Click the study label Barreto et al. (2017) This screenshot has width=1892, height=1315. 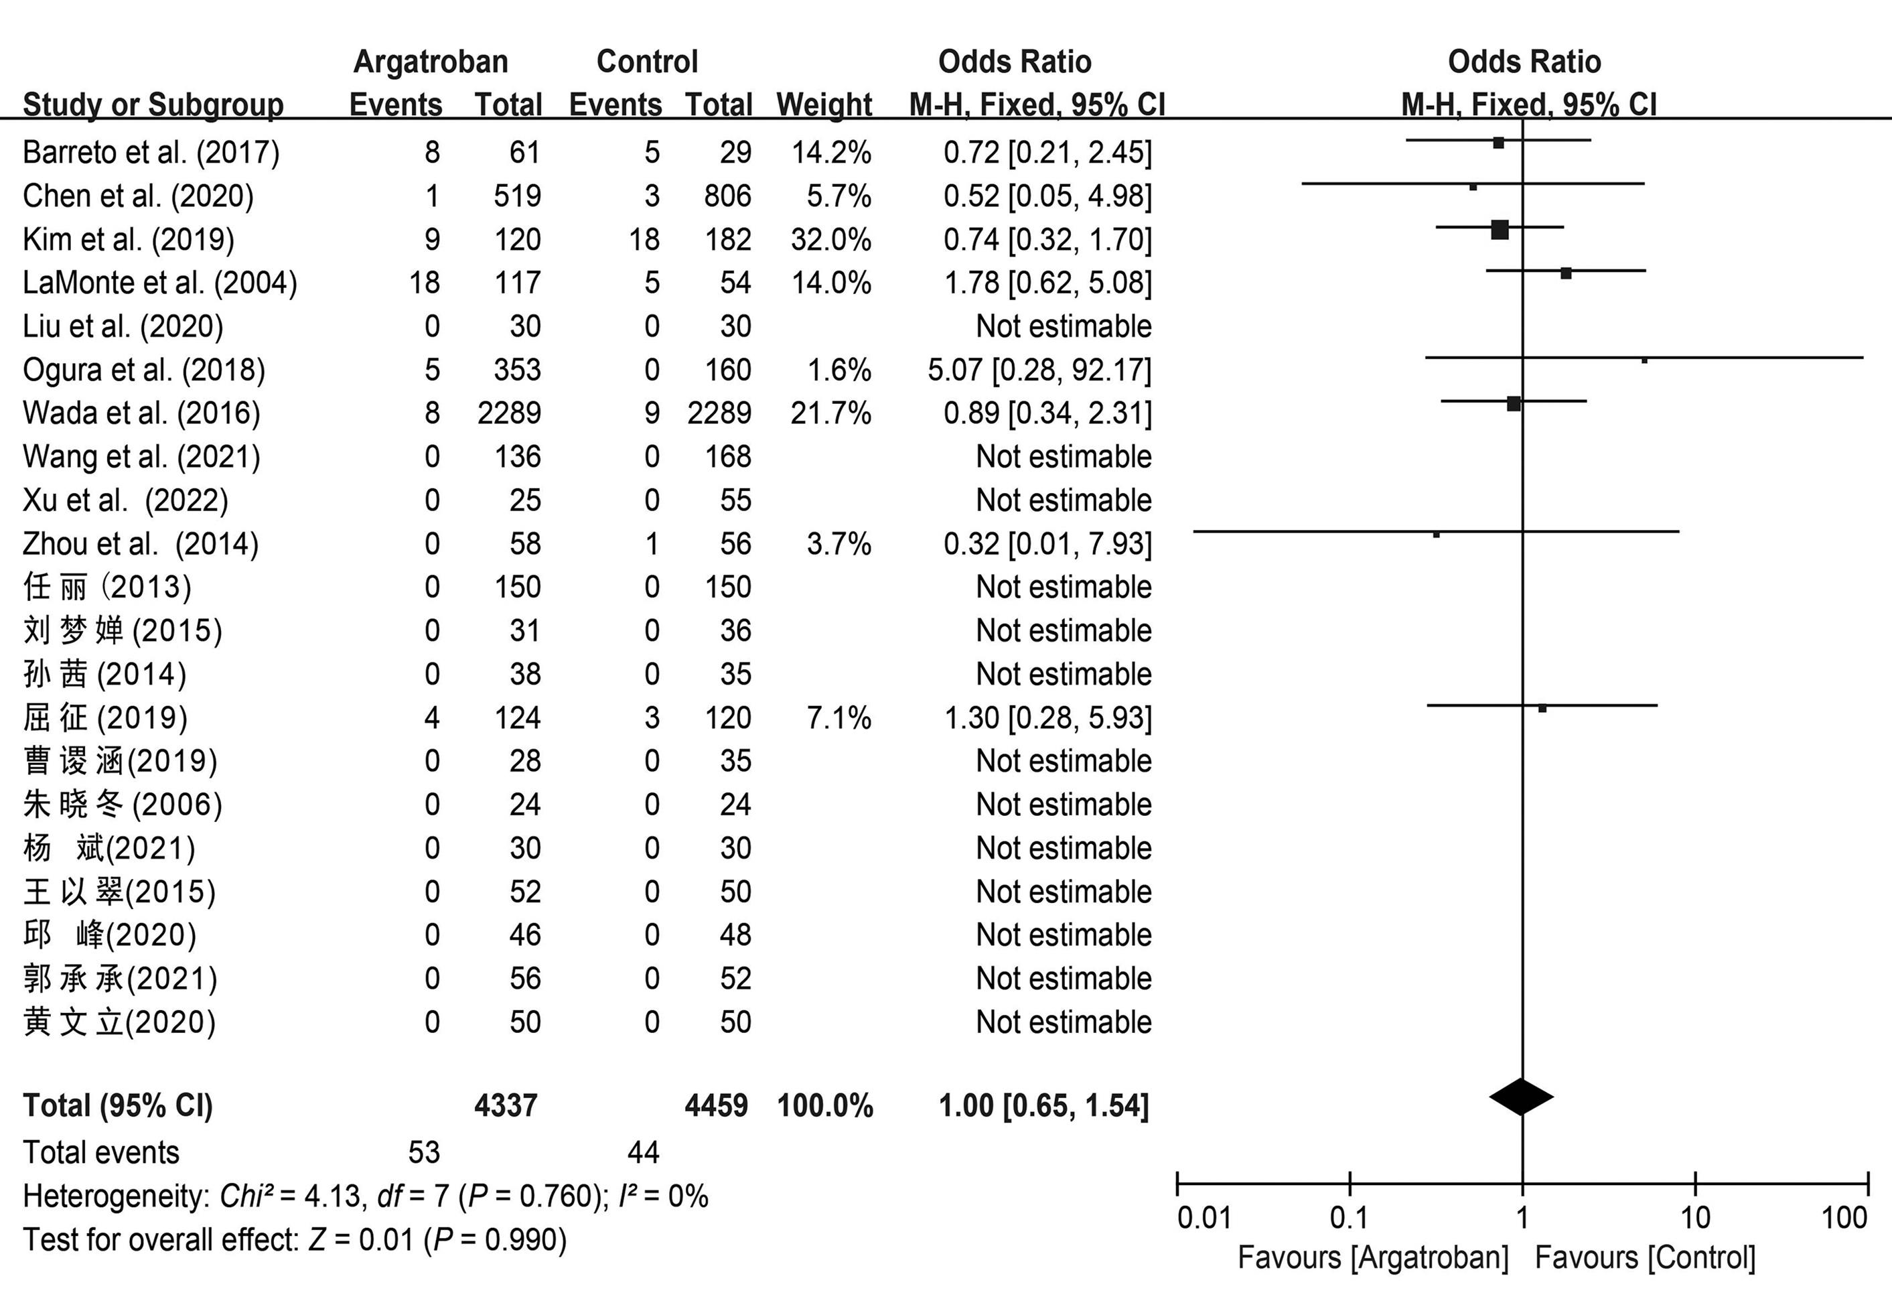pyautogui.click(x=151, y=153)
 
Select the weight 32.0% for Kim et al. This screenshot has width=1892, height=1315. pyautogui.click(x=830, y=240)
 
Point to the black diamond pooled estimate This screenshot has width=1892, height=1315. pyautogui.click(x=1522, y=1097)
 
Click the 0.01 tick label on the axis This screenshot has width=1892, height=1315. pyautogui.click(x=1204, y=1217)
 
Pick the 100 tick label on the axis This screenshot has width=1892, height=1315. pyautogui.click(x=1843, y=1217)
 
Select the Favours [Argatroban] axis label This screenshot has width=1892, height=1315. pyautogui.click(x=1373, y=1258)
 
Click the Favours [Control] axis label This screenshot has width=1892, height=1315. pyautogui.click(x=1645, y=1258)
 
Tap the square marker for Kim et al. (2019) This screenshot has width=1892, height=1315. pyautogui.click(x=1500, y=230)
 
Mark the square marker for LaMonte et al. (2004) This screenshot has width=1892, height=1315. pyautogui.click(x=1566, y=273)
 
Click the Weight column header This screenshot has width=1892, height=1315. pyautogui.click(x=824, y=105)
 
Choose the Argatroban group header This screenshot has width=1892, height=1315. pyautogui.click(x=431, y=62)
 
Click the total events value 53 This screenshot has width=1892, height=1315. pyautogui.click(x=423, y=1152)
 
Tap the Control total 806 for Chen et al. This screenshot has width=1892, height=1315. pyautogui.click(x=727, y=196)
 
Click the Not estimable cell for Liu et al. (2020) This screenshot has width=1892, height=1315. pyautogui.click(x=1064, y=327)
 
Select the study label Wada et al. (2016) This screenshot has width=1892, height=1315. pyautogui.click(x=142, y=413)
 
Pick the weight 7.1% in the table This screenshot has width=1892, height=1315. pyautogui.click(x=839, y=717)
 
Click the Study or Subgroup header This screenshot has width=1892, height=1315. pyautogui.click(x=153, y=105)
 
